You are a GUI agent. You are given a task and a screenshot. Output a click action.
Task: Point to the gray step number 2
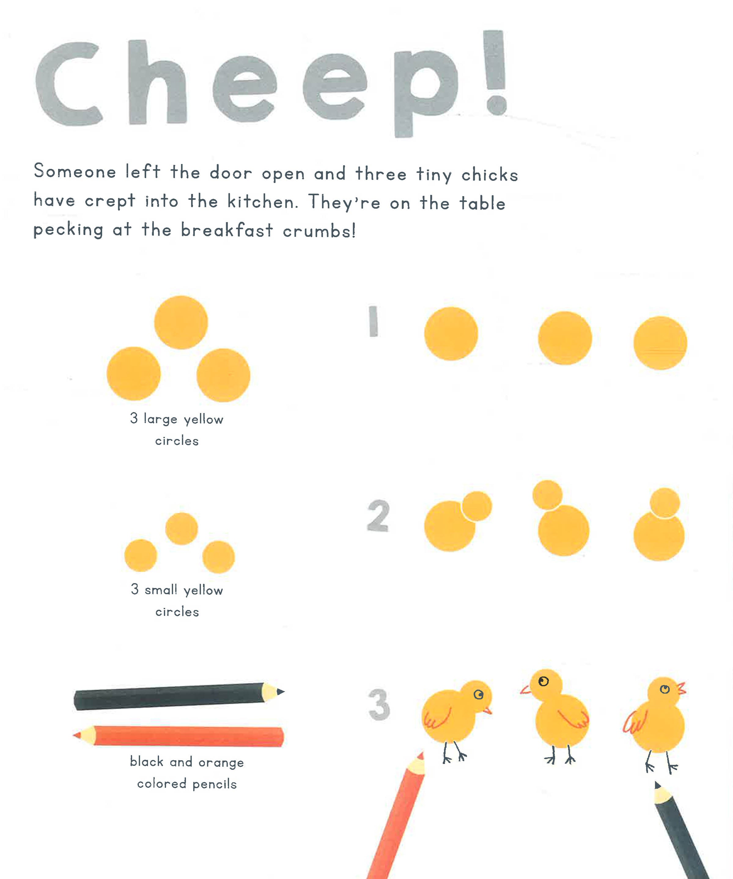378,515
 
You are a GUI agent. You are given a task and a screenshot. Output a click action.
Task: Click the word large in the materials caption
160,419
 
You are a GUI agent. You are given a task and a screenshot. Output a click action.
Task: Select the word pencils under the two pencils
215,784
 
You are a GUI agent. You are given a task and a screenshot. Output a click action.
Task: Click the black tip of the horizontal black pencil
281,691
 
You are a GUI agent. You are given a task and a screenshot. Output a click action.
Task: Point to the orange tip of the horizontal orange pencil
77,735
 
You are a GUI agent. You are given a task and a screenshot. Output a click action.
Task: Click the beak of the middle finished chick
526,690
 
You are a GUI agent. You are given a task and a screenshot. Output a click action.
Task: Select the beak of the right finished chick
681,688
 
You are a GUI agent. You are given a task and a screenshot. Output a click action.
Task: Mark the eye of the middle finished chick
543,681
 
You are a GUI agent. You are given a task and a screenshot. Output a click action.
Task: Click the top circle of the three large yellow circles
181,322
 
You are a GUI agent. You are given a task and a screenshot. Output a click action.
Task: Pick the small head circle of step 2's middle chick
547,495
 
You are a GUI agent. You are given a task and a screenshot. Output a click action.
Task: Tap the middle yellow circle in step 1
565,338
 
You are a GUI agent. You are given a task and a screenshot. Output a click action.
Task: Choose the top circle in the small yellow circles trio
182,529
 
